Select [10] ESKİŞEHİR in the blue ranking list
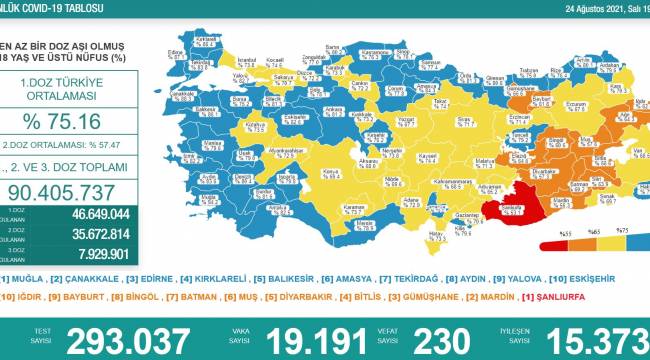point(604,278)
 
